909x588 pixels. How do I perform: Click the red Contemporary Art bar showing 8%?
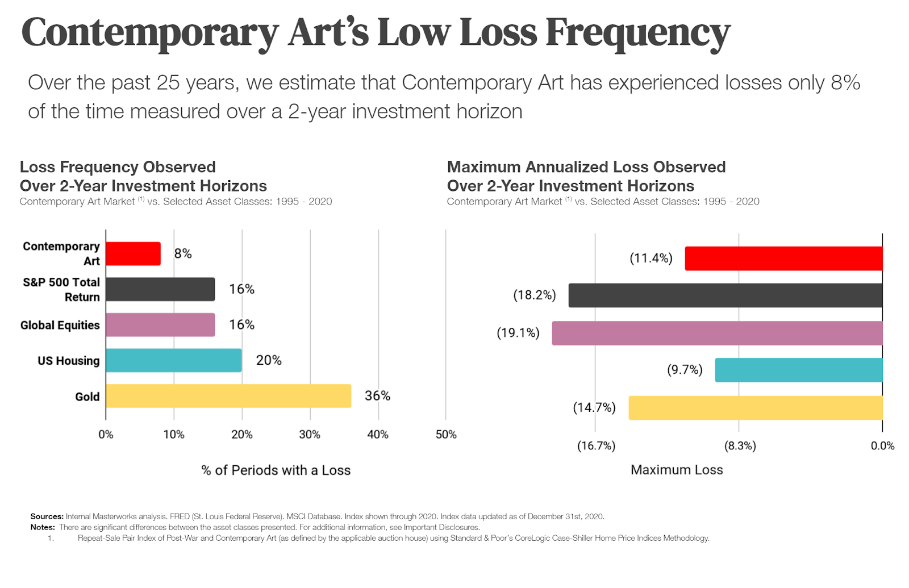(133, 253)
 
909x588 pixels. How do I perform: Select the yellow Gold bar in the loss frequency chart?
(228, 396)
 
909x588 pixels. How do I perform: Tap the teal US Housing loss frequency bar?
(173, 360)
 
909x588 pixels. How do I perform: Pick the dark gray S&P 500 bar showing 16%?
(160, 289)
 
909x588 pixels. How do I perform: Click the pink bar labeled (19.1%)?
(717, 333)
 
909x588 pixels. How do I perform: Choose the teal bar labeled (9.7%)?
(798, 370)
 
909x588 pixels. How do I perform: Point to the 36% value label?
(377, 396)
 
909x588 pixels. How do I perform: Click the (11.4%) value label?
(651, 258)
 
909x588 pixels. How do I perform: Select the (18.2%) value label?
(535, 295)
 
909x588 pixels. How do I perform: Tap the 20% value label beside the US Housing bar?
(269, 360)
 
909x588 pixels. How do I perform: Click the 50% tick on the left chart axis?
(446, 435)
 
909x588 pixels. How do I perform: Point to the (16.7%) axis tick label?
(596, 446)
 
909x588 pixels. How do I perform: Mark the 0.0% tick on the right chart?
(882, 446)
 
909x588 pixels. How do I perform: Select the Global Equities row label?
(60, 326)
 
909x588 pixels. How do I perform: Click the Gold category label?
(87, 397)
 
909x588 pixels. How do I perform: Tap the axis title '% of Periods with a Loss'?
(276, 470)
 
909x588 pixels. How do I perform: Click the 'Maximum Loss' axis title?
(677, 470)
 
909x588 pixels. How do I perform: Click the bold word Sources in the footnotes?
(47, 516)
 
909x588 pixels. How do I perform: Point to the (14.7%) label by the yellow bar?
(594, 408)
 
